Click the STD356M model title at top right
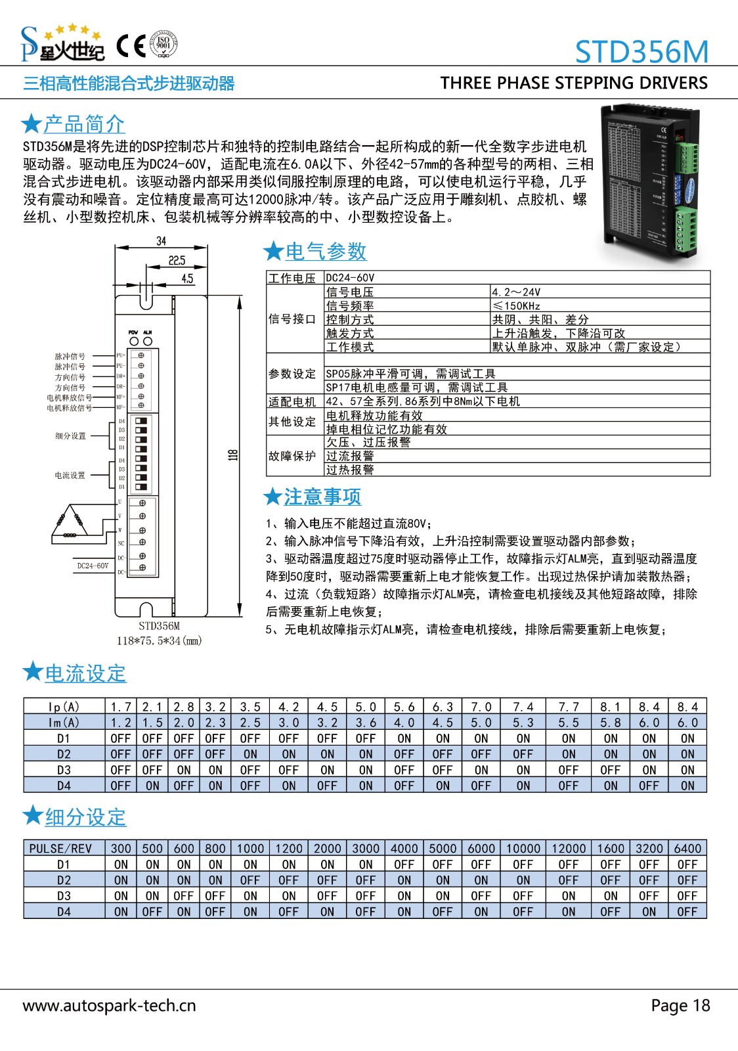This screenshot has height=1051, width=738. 641,51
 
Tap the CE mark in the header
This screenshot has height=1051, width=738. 131,45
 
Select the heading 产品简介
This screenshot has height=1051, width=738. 84,123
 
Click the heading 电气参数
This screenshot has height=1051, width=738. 326,251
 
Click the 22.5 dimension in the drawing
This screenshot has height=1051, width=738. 177,260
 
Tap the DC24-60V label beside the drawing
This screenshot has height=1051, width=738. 93,566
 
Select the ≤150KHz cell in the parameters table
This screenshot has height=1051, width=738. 517,305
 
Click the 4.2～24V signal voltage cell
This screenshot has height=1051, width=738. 516,292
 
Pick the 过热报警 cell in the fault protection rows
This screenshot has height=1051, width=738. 350,470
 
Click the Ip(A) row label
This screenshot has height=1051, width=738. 64,707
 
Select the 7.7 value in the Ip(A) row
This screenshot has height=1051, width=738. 569,707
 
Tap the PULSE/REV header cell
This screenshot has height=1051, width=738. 60,848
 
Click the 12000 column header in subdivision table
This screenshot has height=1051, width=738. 569,848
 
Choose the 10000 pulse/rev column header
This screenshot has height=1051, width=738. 523,848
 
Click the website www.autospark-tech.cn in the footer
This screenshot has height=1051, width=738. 109,1006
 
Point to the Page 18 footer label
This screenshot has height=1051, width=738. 680,1006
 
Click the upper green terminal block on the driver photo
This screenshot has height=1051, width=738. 688,158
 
